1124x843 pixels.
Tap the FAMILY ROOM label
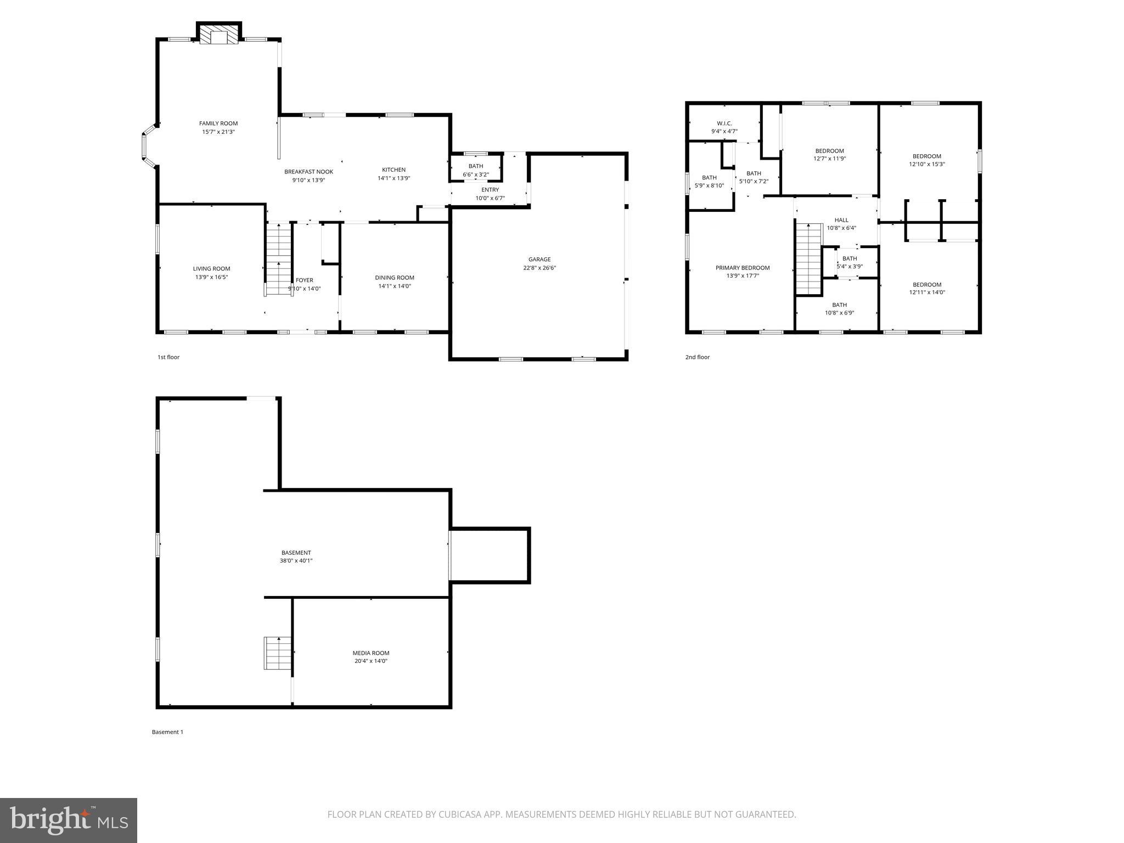218,123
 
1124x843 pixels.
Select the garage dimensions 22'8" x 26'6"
539,268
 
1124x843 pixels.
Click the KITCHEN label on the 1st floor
394,170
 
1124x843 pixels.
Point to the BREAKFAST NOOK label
308,172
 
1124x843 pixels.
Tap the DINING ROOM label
394,278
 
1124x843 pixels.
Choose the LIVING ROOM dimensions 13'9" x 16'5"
211,277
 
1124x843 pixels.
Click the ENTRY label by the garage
490,190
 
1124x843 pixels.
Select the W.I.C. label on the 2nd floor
724,123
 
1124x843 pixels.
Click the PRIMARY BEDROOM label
742,268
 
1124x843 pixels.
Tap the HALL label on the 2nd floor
841,220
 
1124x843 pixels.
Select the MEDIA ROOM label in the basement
371,653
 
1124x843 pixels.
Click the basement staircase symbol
278,653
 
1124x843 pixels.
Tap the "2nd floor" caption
697,357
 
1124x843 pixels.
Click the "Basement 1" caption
167,732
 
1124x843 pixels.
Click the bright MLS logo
69,820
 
